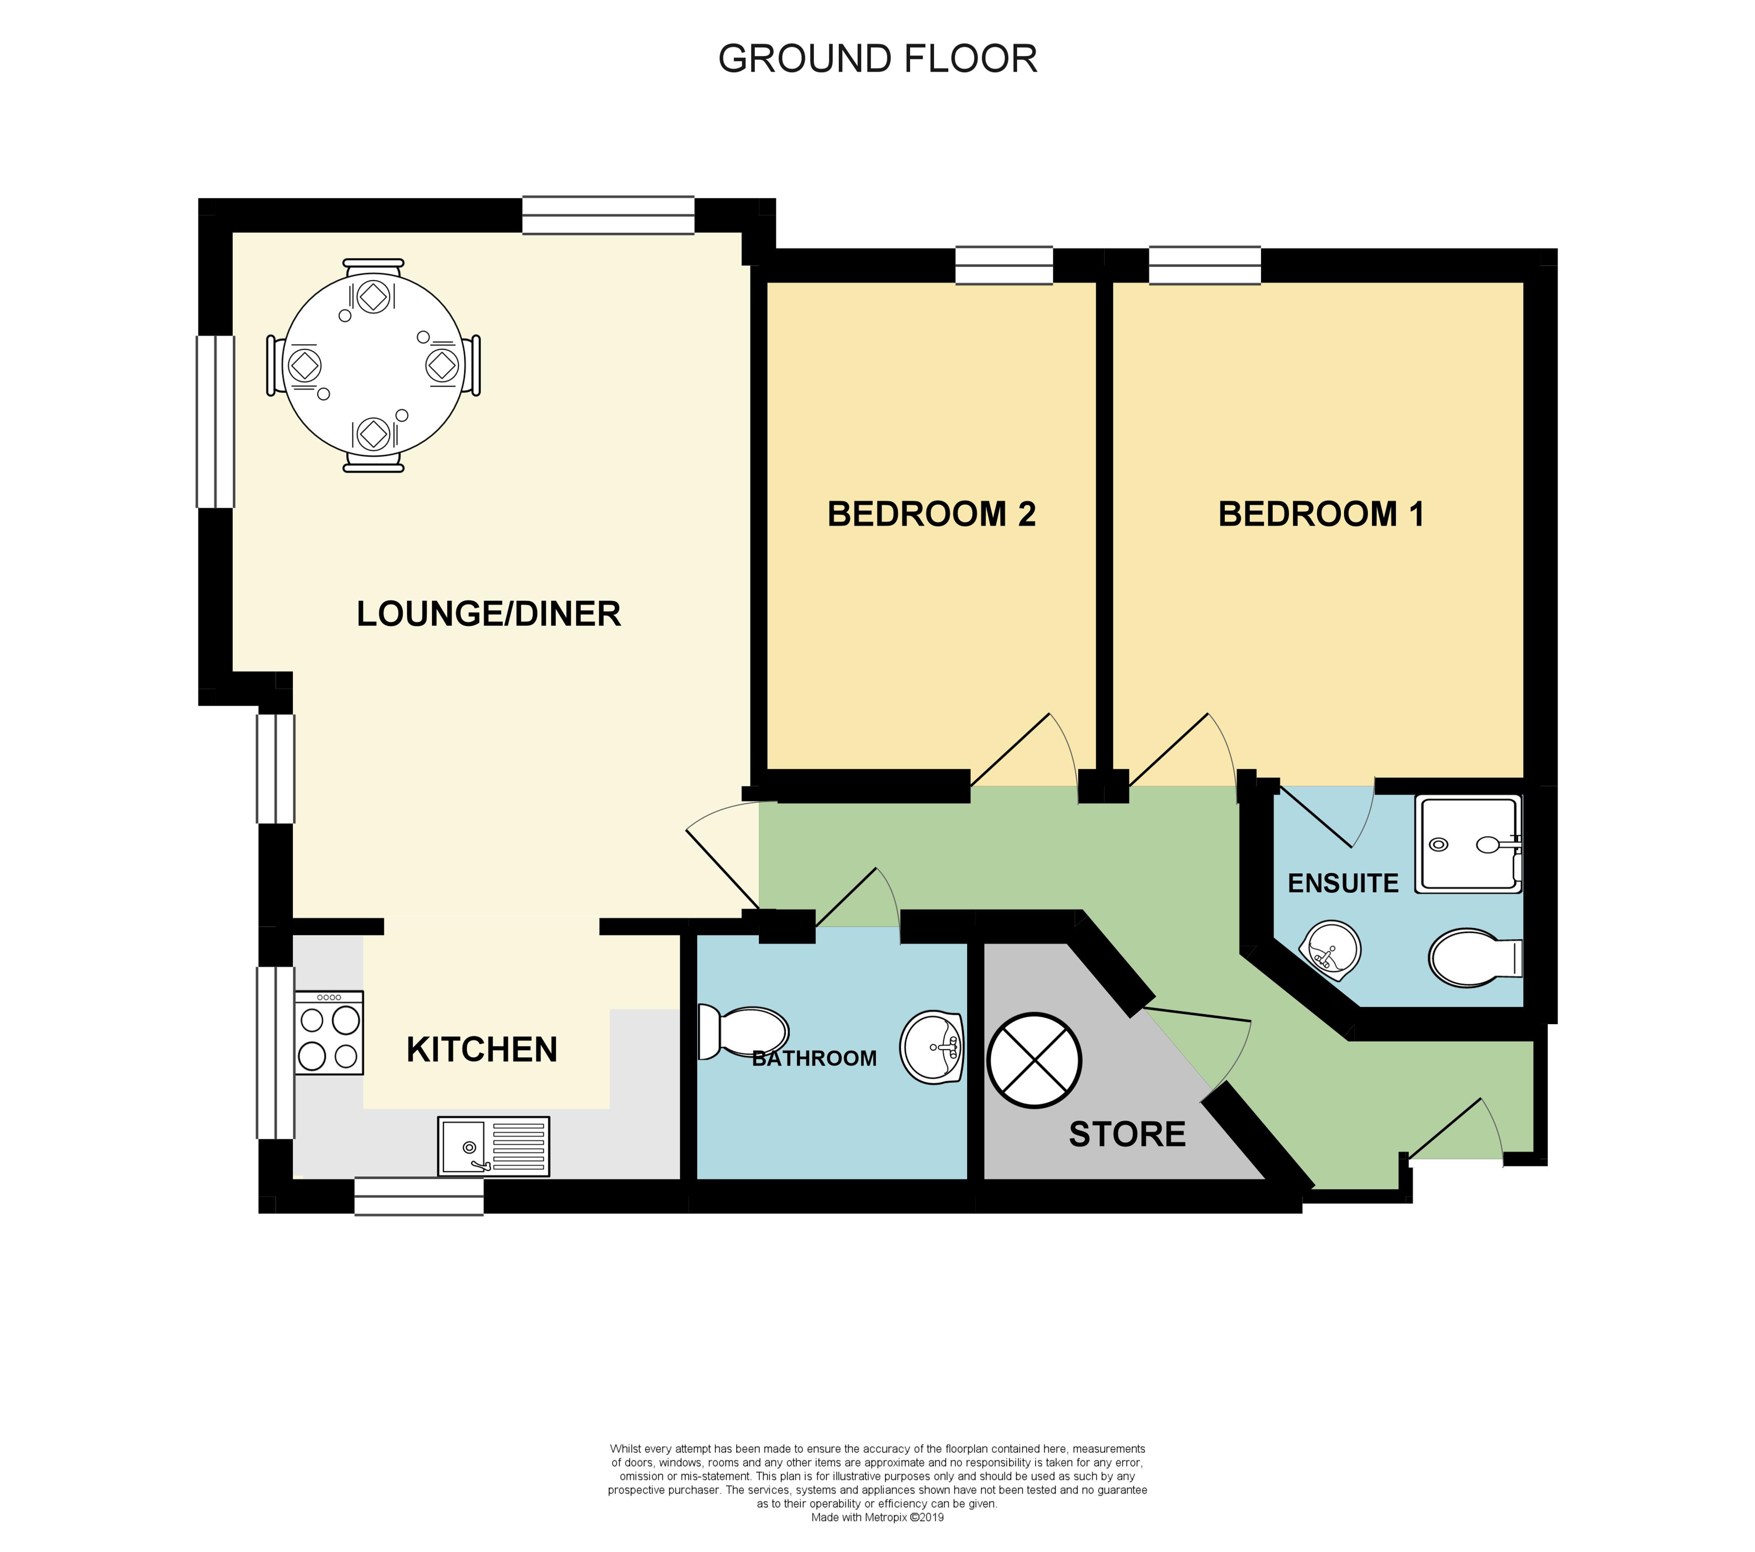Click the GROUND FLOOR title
877,59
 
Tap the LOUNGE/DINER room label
489,614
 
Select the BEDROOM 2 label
932,514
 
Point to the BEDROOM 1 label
1322,514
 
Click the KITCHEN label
482,1050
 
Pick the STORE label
1127,1135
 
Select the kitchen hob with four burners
329,1032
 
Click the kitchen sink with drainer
494,1146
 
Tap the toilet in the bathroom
743,1032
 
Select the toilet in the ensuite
1475,958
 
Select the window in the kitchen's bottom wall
419,1196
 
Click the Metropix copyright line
877,1517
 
